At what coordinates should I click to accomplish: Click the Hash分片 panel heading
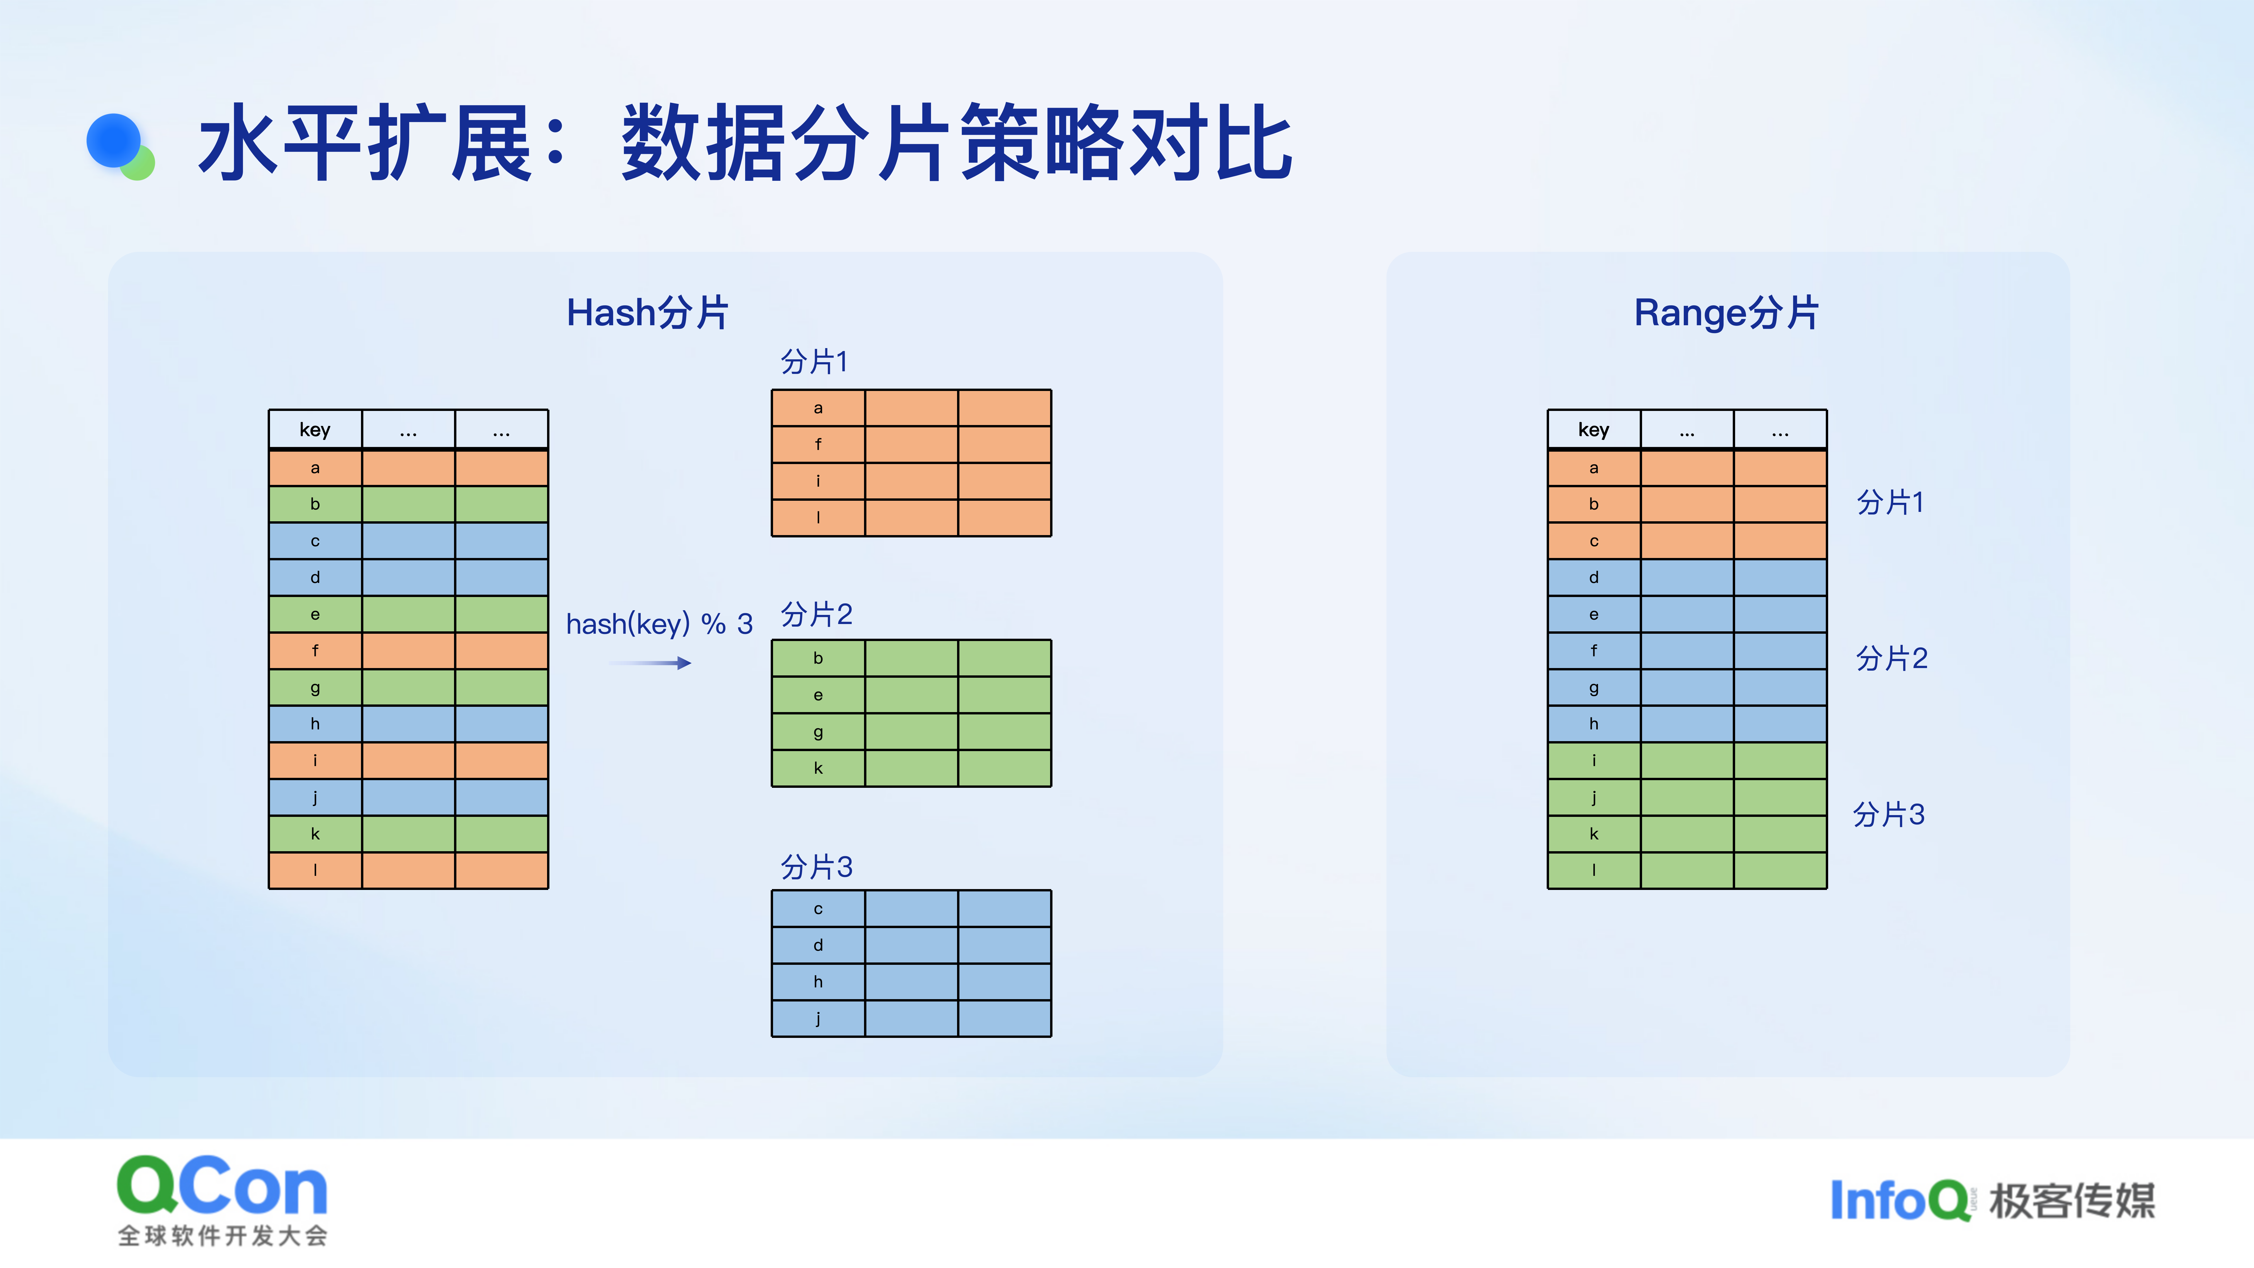click(x=647, y=312)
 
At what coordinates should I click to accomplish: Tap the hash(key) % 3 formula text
click(x=659, y=624)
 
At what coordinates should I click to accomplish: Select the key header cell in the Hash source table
click(x=315, y=430)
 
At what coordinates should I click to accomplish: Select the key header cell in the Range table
click(x=1593, y=430)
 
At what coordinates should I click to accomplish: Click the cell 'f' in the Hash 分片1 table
click(x=818, y=445)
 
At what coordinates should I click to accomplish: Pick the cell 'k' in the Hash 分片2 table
click(x=818, y=768)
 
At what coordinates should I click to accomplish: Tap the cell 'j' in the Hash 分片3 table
click(x=818, y=1019)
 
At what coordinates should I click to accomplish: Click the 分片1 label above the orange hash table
click(x=814, y=361)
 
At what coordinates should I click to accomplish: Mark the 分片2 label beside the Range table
click(x=1892, y=658)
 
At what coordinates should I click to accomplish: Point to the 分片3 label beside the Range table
click(x=1889, y=815)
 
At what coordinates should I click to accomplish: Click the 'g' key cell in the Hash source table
click(x=315, y=688)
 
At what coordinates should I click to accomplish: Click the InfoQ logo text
click(x=1899, y=1200)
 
